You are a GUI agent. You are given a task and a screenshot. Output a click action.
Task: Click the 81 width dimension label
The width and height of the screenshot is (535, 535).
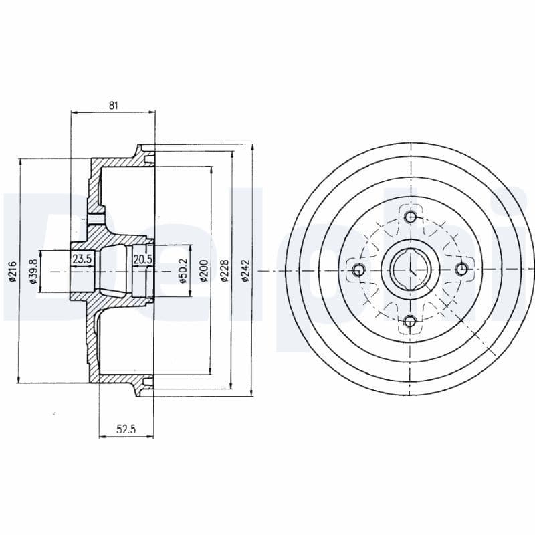point(113,104)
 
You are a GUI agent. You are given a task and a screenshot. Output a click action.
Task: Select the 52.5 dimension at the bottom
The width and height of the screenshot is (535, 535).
point(126,430)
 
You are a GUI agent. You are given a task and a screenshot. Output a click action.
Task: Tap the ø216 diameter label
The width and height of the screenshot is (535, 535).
point(12,271)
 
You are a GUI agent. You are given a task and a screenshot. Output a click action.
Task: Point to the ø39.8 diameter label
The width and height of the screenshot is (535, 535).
point(31,271)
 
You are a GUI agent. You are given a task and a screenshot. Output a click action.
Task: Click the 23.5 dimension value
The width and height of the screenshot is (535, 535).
point(82,259)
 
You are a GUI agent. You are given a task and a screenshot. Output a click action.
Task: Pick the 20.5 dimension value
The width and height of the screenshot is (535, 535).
point(142,259)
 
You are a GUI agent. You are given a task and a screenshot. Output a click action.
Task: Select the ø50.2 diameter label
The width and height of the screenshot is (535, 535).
point(182,271)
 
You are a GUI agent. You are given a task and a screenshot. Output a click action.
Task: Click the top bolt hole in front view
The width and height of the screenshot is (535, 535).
point(410,217)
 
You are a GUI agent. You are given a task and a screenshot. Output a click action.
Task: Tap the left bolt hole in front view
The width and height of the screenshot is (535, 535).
point(358,270)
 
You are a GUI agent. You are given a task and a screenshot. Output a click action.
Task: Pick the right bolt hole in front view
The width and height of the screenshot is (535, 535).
point(461,269)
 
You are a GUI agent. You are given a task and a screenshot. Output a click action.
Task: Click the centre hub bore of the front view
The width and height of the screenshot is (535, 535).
point(409,270)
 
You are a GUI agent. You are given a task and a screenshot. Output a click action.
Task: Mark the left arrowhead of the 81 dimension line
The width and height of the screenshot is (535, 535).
point(73,112)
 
